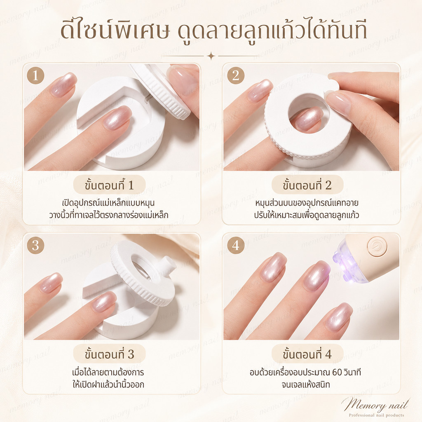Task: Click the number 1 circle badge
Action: tap(35, 75)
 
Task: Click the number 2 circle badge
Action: tap(235, 75)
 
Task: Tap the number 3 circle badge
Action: tap(35, 246)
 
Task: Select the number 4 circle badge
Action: tap(235, 246)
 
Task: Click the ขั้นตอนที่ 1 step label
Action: tap(109, 185)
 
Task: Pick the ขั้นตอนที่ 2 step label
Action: tap(307, 185)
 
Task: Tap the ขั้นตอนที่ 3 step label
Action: tap(109, 354)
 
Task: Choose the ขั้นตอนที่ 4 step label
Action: tap(307, 354)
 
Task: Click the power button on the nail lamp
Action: tap(377, 246)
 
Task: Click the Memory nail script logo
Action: tap(376, 404)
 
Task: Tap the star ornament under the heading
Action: tap(211, 56)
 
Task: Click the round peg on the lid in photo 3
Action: tap(169, 264)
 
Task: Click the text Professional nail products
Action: tap(377, 415)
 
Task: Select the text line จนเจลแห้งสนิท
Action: tap(306, 384)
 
